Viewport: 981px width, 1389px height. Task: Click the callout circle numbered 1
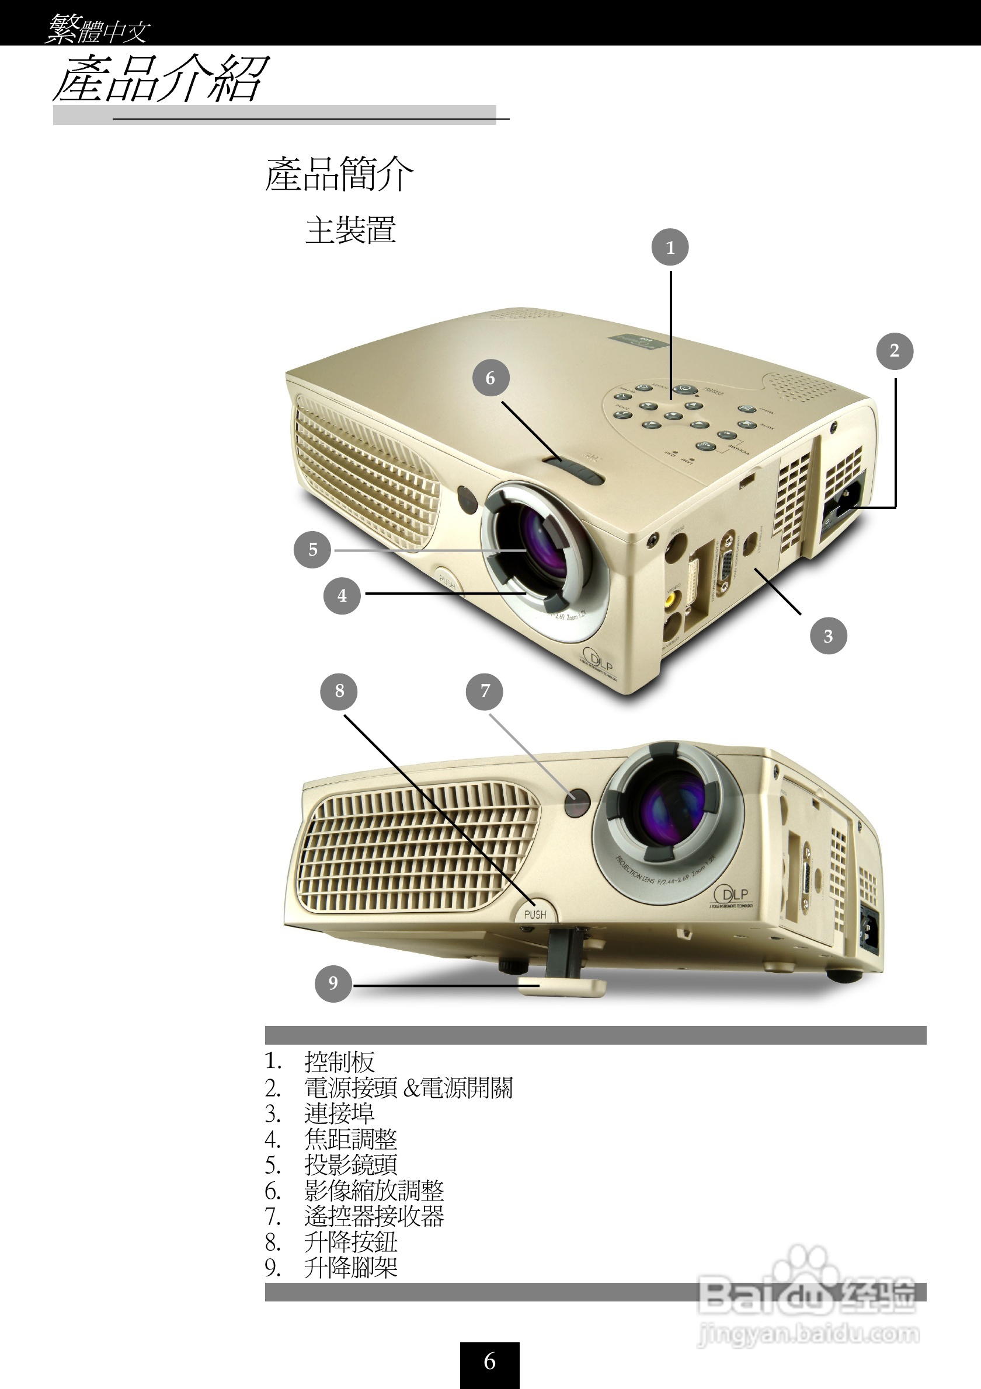point(670,247)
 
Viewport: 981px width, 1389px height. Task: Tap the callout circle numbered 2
point(895,351)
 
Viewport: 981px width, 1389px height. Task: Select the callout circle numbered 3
point(828,636)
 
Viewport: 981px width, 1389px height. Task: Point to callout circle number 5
point(312,549)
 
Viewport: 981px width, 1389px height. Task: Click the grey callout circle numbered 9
point(333,983)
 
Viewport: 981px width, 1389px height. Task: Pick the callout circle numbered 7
point(484,691)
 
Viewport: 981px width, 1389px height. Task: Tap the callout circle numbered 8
point(339,691)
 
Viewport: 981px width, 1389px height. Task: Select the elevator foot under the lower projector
point(563,987)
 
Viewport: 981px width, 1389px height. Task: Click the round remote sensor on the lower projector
point(578,804)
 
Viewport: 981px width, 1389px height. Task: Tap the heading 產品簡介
point(339,175)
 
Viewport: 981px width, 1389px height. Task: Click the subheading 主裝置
point(351,231)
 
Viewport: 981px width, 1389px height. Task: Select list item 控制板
point(339,1062)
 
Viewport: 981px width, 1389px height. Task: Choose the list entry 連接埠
point(339,1113)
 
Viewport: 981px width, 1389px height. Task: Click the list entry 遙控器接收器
point(374,1216)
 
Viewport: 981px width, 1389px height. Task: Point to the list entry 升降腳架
point(351,1268)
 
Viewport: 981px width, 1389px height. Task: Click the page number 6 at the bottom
point(489,1362)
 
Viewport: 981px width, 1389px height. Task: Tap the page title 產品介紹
point(161,79)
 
